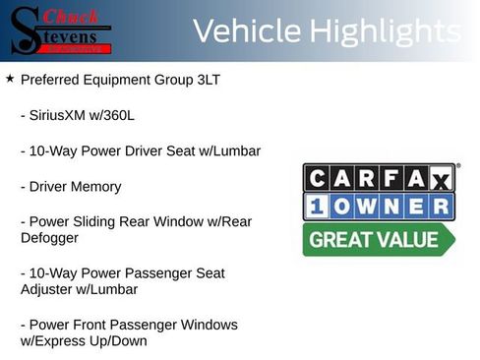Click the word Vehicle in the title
(246, 31)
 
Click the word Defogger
(53, 237)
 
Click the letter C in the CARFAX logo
(317, 178)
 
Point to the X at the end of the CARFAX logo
(440, 178)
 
